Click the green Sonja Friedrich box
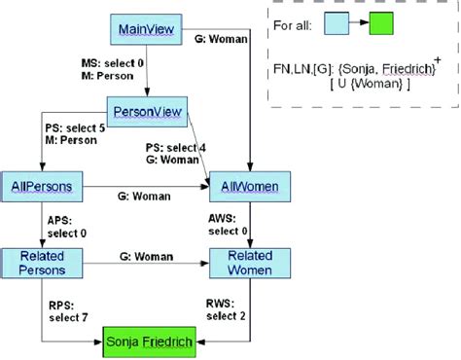coord(151,341)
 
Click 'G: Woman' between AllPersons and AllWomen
coord(145,196)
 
